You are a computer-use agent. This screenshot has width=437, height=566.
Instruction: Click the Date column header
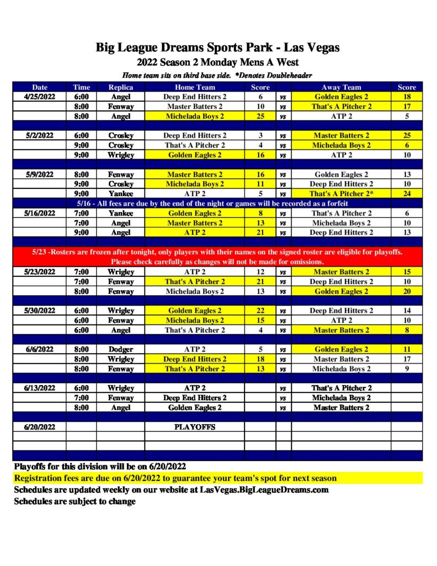[40, 87]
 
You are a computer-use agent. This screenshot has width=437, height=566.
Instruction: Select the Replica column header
[120, 87]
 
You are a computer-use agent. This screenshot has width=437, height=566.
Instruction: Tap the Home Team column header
[195, 87]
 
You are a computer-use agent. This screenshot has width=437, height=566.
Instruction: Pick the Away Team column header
[341, 87]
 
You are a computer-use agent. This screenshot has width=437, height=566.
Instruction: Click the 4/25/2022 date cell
[40, 97]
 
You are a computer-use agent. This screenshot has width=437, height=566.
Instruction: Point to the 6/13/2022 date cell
[40, 388]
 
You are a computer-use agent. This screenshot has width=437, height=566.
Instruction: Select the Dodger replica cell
[120, 349]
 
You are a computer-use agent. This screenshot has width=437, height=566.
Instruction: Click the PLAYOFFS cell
[195, 427]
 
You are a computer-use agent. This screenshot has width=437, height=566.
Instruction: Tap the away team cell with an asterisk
[341, 194]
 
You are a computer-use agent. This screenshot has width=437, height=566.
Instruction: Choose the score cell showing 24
[407, 194]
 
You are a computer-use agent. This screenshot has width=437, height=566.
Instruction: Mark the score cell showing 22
[260, 311]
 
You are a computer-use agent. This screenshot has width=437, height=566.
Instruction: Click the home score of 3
[260, 135]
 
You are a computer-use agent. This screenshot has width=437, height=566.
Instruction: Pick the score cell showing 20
[407, 291]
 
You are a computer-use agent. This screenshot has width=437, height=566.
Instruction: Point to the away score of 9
[407, 369]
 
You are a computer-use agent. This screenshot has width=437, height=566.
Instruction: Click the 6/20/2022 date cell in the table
[40, 427]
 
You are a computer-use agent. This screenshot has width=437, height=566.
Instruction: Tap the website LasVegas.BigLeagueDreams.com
[264, 490]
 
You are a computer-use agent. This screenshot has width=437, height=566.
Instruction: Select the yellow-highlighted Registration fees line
[175, 478]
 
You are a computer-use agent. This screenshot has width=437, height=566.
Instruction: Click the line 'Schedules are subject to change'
[74, 501]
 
